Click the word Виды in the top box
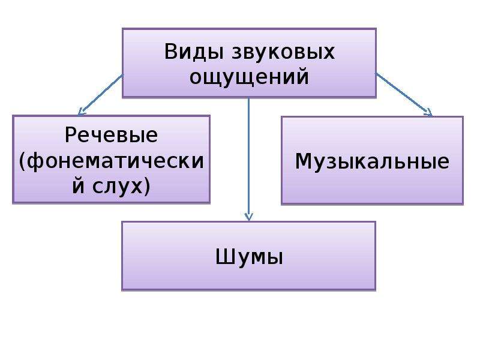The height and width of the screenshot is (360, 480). coord(194,53)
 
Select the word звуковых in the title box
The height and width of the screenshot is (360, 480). coord(283,52)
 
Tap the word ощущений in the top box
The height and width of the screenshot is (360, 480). coord(249,78)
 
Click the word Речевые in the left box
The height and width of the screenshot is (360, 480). coord(111,135)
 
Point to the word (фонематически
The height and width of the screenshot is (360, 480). coord(111,161)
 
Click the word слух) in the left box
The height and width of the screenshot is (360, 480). coord(121,187)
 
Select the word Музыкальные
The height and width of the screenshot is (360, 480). coord(372,161)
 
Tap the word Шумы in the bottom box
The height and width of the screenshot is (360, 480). coord(249,257)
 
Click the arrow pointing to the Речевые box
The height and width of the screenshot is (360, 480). coord(101,95)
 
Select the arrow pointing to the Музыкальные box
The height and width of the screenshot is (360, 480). coord(404,95)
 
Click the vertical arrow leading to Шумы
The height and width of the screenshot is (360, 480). coord(248,159)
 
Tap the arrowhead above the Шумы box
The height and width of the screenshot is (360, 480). coord(248,217)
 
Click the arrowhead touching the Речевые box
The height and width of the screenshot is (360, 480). coord(82,112)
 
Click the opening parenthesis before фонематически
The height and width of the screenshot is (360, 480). coord(22,161)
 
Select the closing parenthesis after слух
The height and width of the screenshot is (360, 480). coord(147,187)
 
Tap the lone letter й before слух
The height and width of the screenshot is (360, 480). coord(78,185)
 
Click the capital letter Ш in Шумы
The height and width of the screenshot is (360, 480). coord(225,257)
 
